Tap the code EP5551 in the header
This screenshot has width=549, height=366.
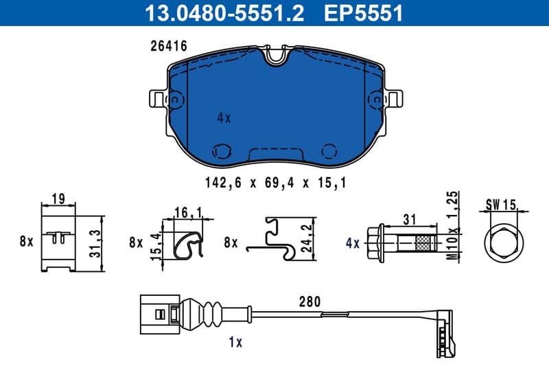(x=364, y=12)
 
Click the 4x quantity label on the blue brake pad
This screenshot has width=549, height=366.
(x=224, y=118)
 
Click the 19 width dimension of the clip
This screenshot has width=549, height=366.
(x=58, y=201)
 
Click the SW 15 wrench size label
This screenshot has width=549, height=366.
(x=500, y=204)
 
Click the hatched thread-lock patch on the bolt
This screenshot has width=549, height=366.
(x=421, y=243)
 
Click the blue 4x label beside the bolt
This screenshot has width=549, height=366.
(x=353, y=243)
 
